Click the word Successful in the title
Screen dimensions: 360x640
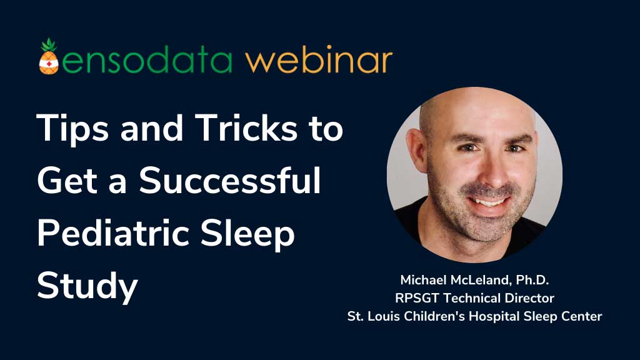coord(230,181)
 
